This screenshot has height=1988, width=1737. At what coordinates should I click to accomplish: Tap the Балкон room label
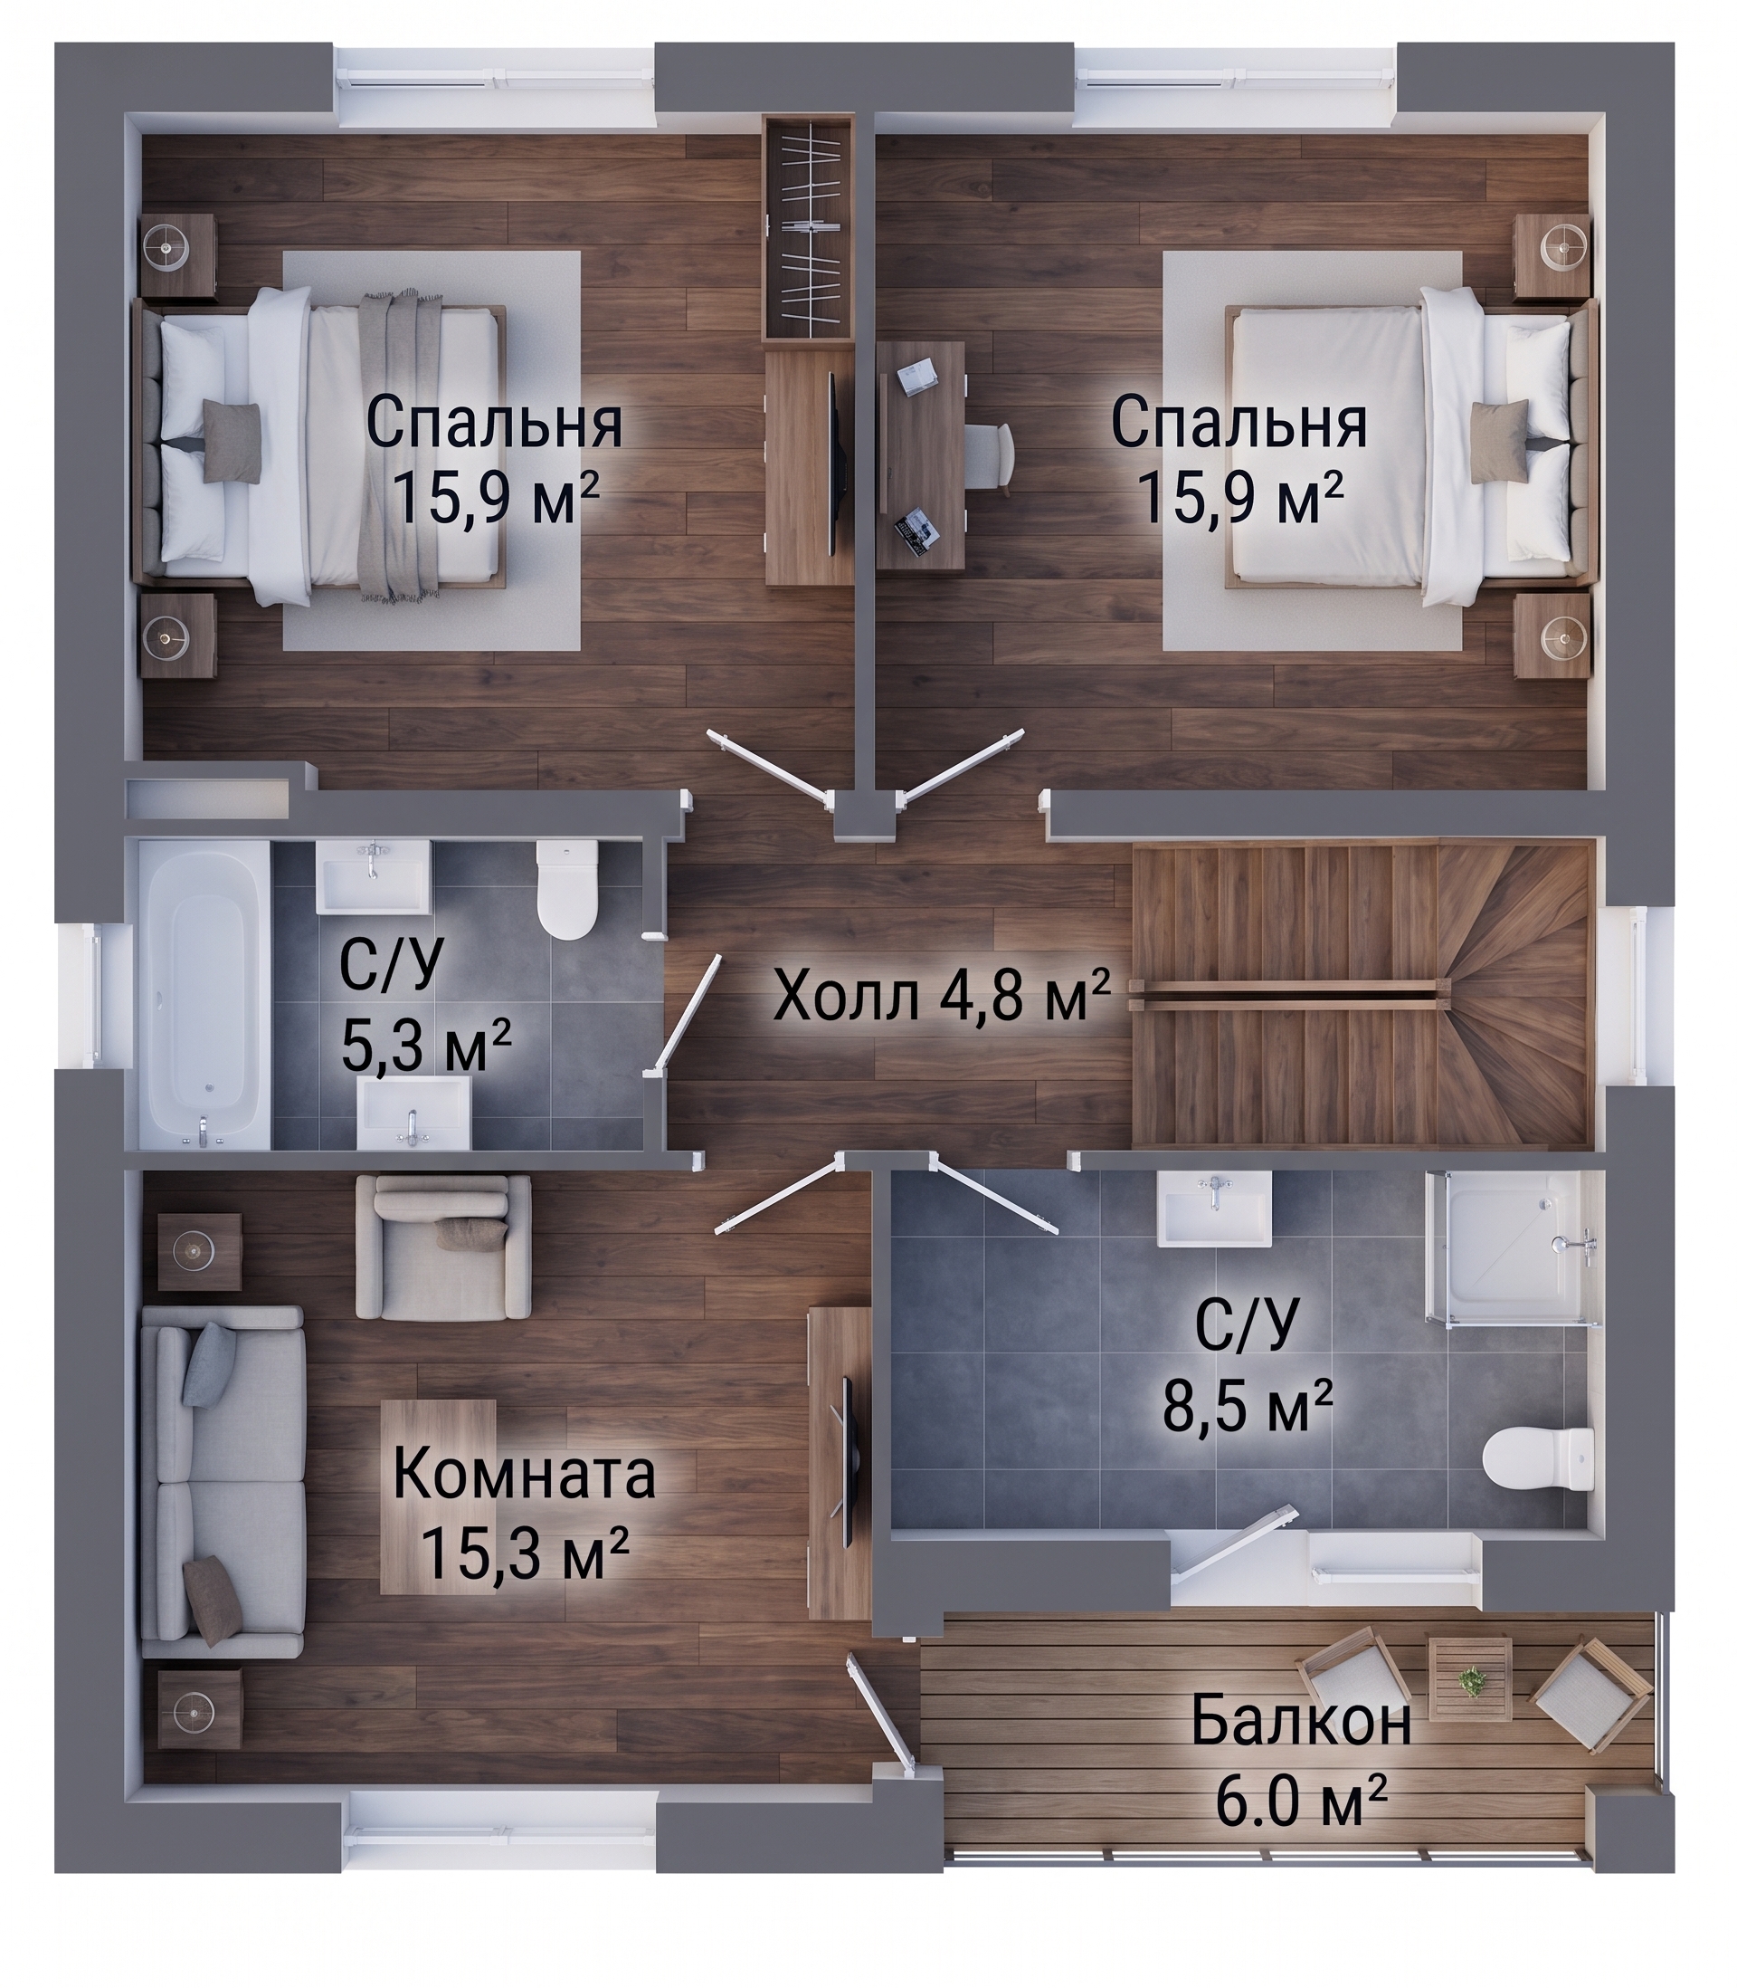pyautogui.click(x=1301, y=1721)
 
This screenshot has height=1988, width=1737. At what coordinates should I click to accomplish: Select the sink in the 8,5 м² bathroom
pyautogui.click(x=1214, y=1209)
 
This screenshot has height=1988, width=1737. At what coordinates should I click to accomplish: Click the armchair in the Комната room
pyautogui.click(x=443, y=1247)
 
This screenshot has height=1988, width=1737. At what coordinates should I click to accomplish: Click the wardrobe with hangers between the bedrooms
pyautogui.click(x=807, y=228)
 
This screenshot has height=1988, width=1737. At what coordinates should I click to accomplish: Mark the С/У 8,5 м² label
pyautogui.click(x=1248, y=1378)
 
